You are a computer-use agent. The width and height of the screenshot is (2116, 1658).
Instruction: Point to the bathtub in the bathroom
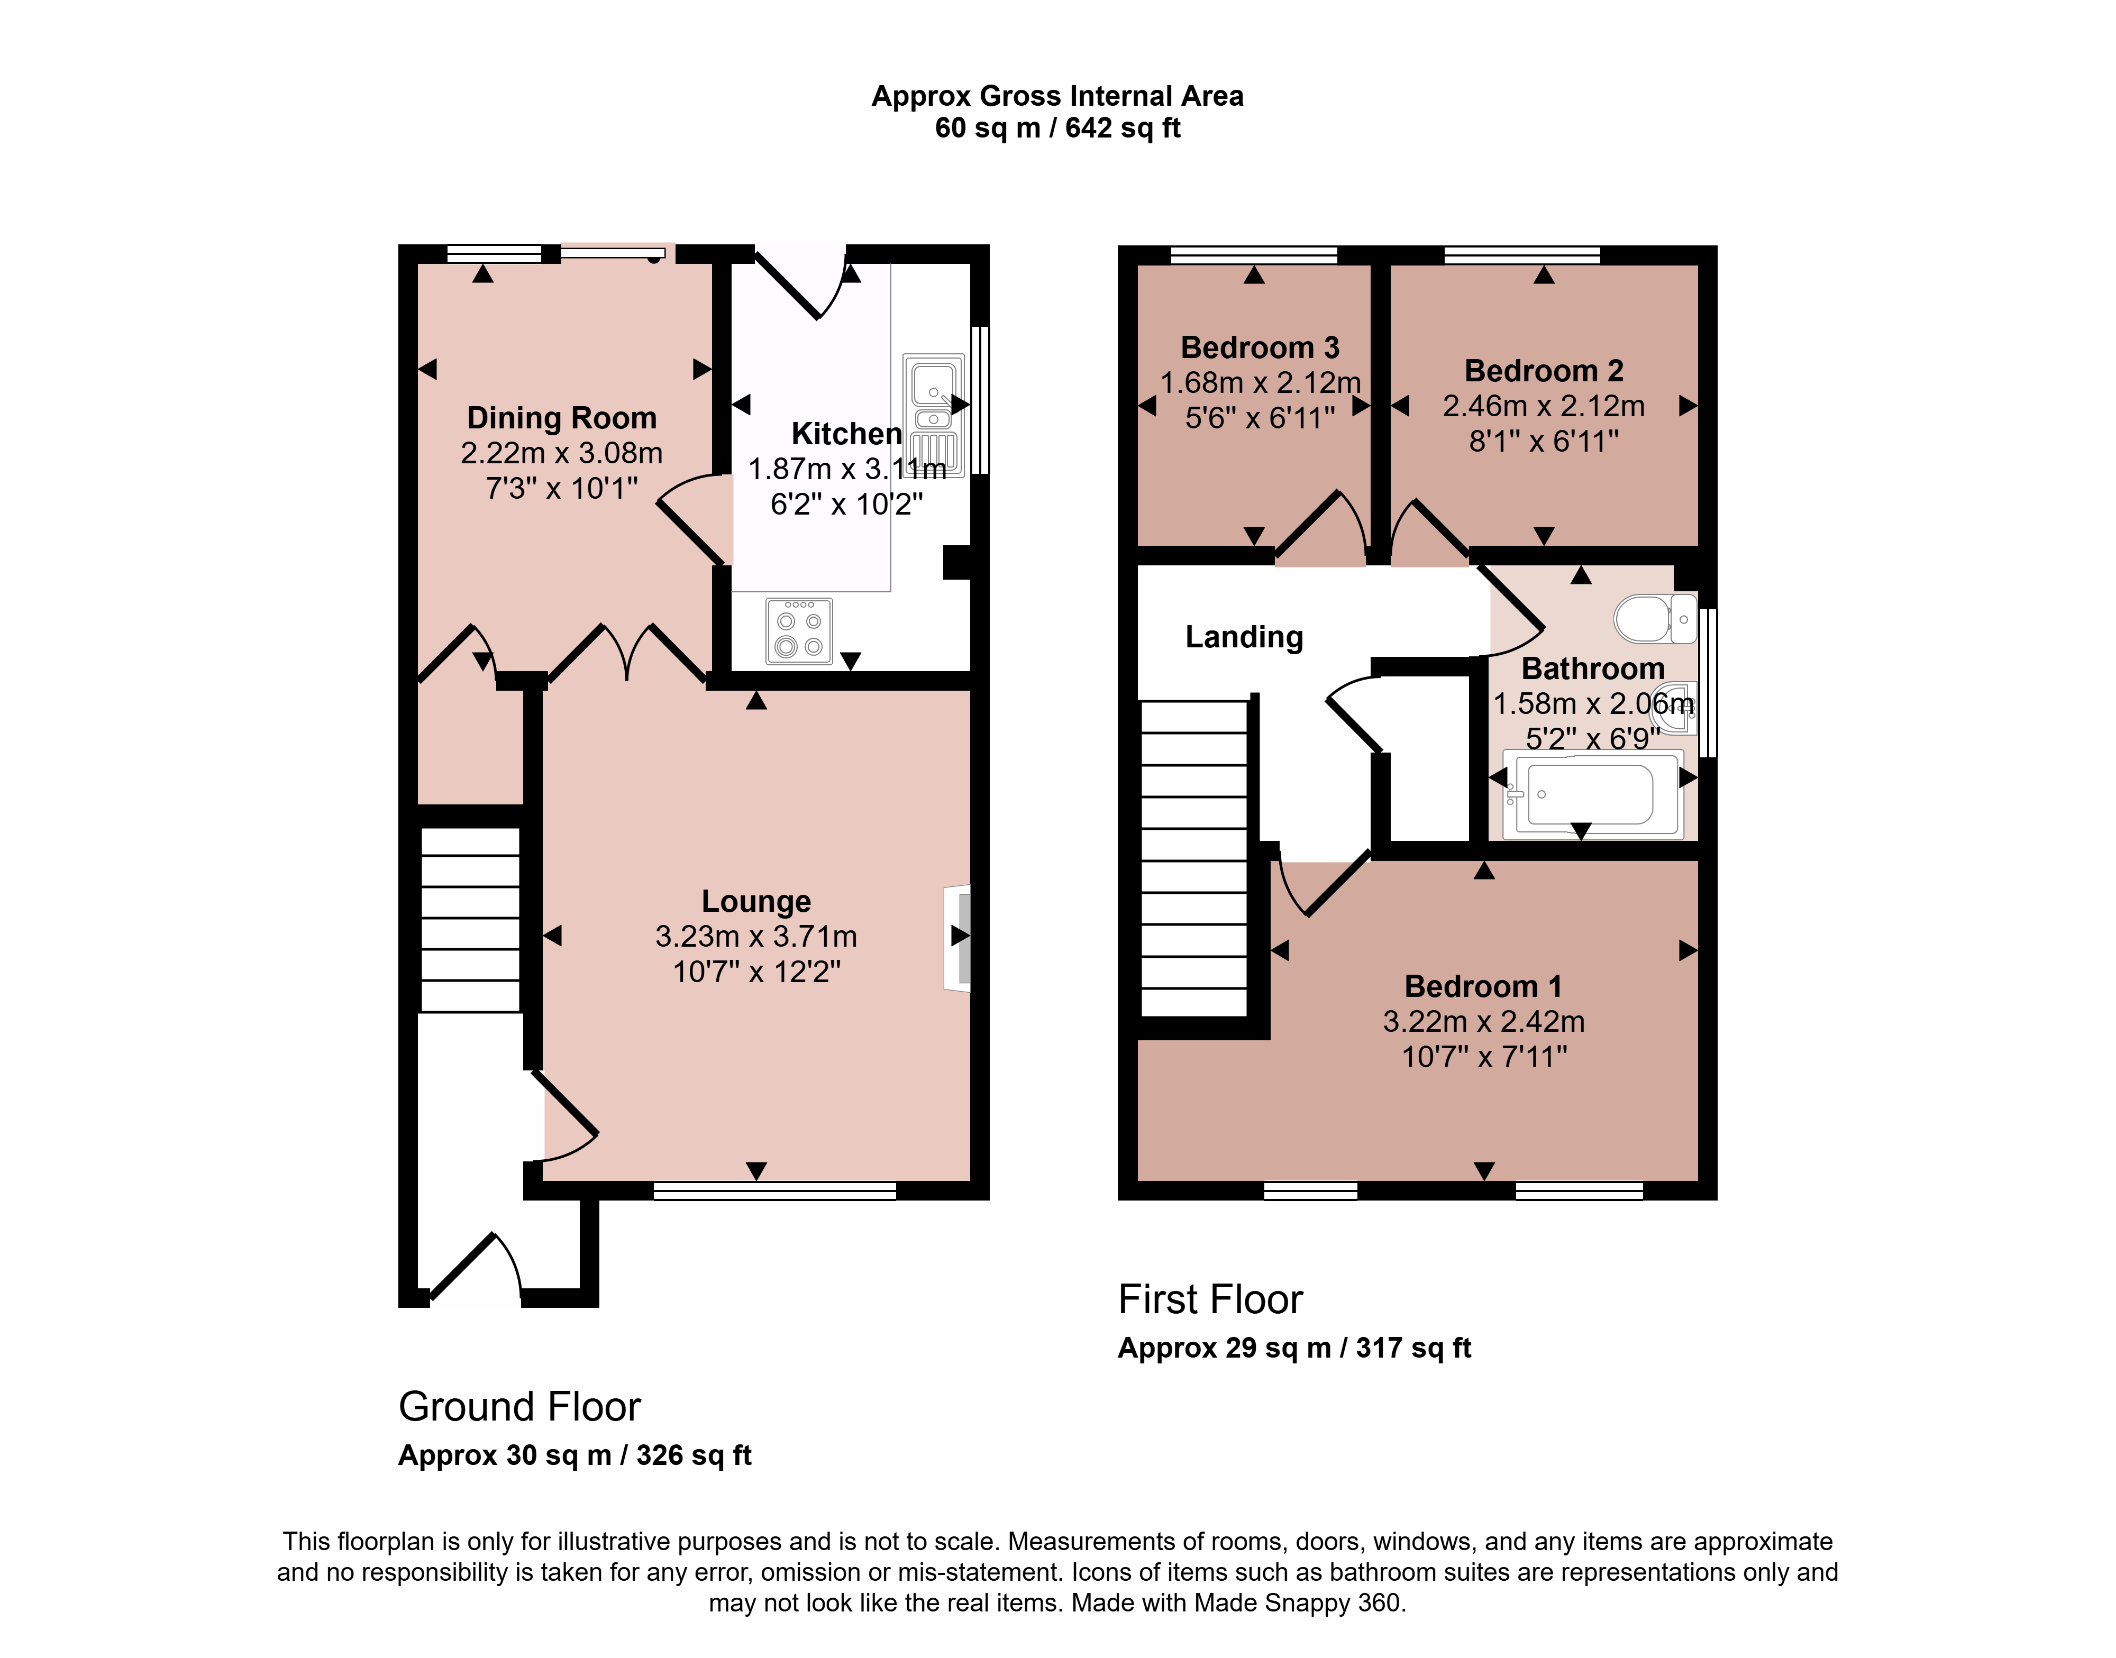(1591, 794)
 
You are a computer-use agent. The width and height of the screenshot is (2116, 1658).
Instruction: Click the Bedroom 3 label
(1260, 347)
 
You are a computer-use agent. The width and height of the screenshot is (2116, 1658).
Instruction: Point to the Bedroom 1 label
(1483, 986)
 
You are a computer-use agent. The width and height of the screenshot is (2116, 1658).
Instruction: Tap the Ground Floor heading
(519, 1407)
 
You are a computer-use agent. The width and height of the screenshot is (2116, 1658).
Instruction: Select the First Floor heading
(1210, 1299)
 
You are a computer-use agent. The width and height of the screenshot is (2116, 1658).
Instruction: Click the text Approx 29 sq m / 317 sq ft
(1294, 1348)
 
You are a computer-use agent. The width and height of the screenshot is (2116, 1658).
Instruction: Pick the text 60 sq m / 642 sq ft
(1057, 128)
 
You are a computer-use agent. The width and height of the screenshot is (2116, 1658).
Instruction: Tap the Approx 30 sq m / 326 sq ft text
(575, 1455)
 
